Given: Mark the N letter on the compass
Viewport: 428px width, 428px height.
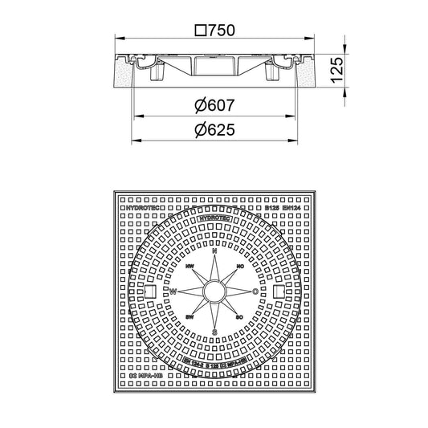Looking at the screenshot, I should (x=214, y=251).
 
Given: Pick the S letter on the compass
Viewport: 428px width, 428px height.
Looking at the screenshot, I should (x=214, y=331).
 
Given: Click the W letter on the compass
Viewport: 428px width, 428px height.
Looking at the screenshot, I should (x=172, y=291).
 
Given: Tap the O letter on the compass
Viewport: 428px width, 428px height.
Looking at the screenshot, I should (x=255, y=291).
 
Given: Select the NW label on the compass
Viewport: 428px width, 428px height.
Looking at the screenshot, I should (x=190, y=265).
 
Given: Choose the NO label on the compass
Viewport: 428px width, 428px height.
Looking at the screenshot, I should (x=239, y=265).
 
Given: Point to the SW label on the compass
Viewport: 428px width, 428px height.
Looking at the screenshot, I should (x=190, y=318).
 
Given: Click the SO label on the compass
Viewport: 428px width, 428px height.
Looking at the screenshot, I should (x=239, y=318).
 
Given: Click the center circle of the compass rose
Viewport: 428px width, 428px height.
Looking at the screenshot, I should (x=214, y=291).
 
